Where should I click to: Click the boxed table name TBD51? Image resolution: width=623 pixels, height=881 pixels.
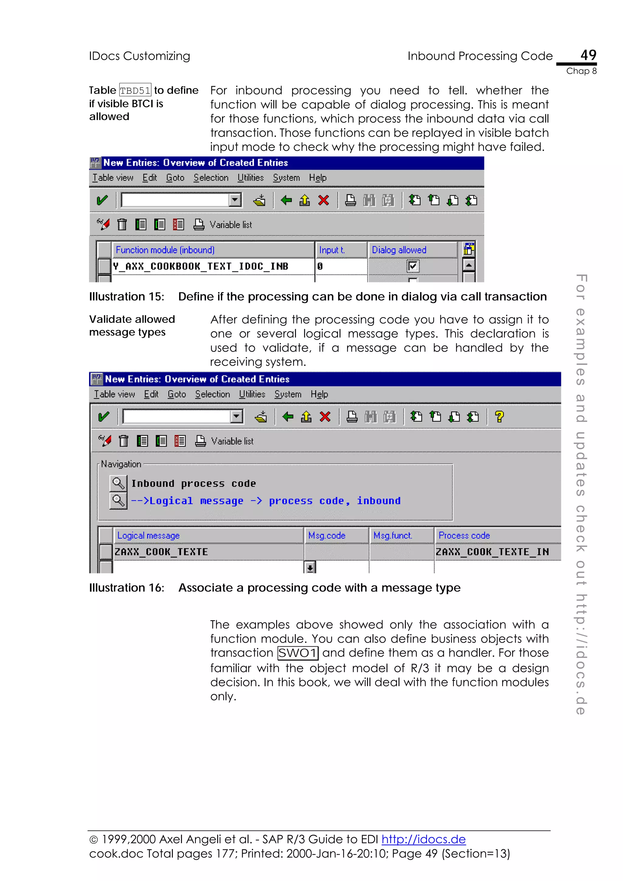(135, 91)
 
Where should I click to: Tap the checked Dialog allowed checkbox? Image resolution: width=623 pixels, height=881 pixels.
(413, 266)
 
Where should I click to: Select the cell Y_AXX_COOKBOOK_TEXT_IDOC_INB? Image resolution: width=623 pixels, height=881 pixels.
(200, 266)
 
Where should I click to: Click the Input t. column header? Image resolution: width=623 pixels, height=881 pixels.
(332, 250)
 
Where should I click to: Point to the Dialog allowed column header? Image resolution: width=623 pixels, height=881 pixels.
(399, 250)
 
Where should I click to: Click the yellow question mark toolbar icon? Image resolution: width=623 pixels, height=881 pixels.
(499, 417)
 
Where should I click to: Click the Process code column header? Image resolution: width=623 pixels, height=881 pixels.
(464, 536)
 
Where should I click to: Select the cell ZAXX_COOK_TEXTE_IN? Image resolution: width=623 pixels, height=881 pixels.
(492, 552)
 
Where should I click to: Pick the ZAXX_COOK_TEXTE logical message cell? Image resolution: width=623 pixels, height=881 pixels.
(161, 552)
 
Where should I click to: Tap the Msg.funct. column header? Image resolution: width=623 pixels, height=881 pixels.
(393, 536)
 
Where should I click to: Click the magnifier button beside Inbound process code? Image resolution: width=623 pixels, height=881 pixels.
(118, 483)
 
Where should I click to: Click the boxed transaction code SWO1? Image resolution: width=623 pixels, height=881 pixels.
(298, 653)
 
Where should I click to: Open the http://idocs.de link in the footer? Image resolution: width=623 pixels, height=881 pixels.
(423, 840)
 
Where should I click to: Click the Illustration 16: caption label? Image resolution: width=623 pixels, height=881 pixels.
(127, 588)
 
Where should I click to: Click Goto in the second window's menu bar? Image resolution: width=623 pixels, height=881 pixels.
(176, 395)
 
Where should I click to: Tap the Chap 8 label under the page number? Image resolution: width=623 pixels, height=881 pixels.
(581, 71)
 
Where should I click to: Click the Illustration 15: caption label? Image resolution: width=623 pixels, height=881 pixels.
(127, 297)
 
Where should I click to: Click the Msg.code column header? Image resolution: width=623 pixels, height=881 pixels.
(327, 536)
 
